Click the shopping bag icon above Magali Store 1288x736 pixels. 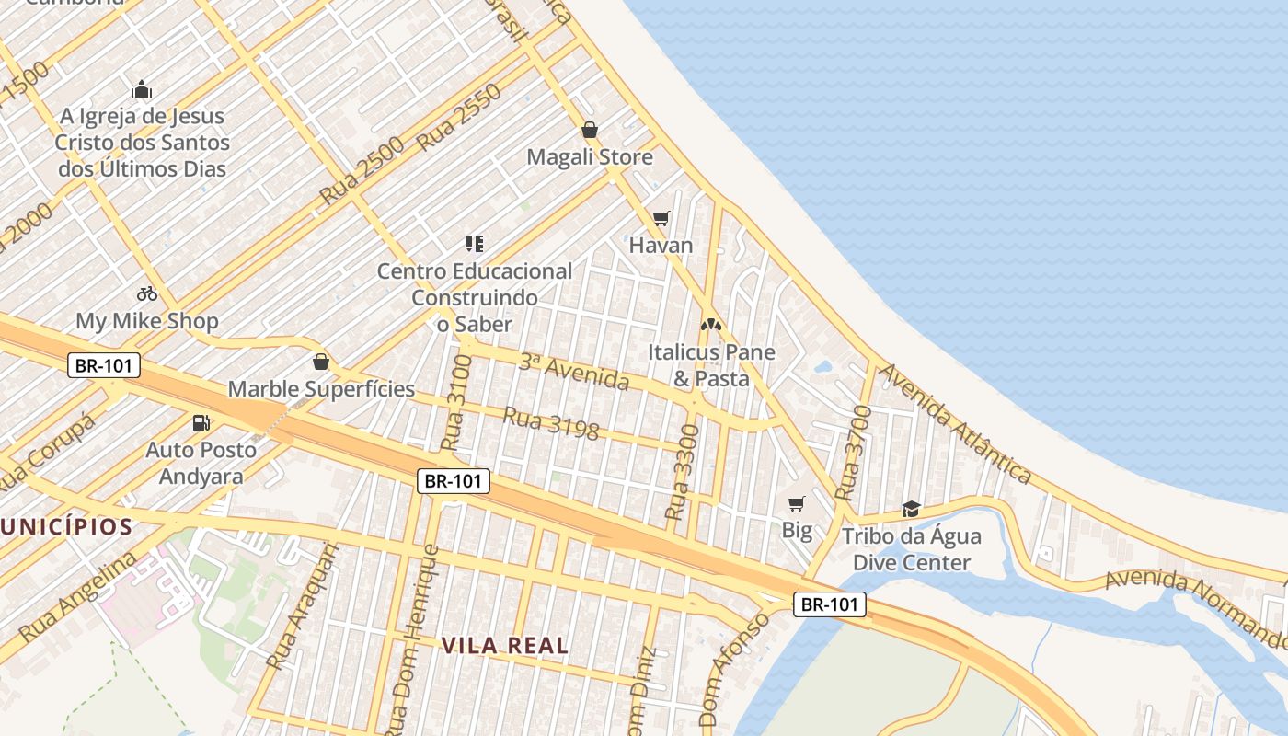click(590, 130)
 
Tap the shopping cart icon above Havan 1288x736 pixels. click(661, 218)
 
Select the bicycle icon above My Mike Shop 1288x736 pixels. click(147, 293)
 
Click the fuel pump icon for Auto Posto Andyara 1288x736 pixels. click(201, 423)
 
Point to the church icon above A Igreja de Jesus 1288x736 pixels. click(142, 89)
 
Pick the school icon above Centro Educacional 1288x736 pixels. click(475, 244)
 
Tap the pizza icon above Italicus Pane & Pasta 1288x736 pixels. click(710, 325)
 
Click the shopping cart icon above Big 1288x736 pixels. click(797, 503)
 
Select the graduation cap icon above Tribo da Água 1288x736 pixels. click(911, 509)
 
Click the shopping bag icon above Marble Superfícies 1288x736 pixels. click(321, 362)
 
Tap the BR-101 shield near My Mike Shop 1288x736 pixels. click(104, 365)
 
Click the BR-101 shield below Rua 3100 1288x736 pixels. click(454, 480)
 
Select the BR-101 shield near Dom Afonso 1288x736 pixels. click(830, 604)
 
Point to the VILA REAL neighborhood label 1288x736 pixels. click(505, 646)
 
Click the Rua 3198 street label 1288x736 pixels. click(551, 423)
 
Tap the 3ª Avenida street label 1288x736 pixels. click(574, 371)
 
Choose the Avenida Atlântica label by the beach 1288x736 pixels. click(956, 423)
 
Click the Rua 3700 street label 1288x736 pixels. click(851, 454)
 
